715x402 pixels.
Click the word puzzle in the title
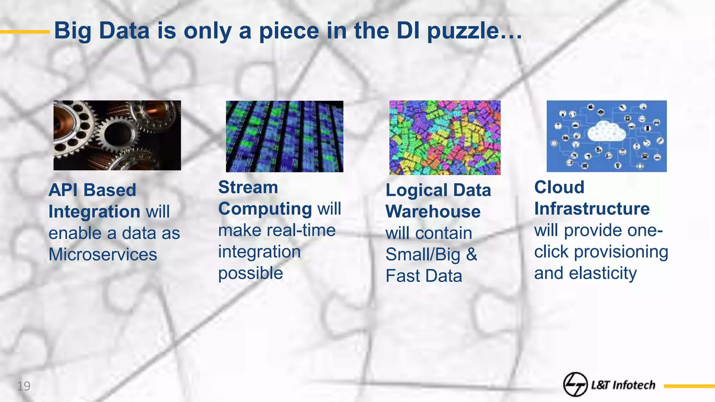[x=463, y=31]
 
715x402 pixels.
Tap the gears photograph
[x=117, y=135]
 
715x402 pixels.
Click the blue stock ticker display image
[x=285, y=136]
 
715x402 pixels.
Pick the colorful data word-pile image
[x=445, y=137]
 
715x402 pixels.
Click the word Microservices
[x=103, y=254]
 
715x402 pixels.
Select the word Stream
[x=248, y=187]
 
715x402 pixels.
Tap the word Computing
[x=265, y=209]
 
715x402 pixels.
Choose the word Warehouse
[x=433, y=211]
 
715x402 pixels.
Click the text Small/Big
[x=423, y=254]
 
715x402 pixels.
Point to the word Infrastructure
[x=592, y=209]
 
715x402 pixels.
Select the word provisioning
[x=621, y=252]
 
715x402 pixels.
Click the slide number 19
[x=24, y=386]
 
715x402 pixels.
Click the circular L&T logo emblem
[x=575, y=385]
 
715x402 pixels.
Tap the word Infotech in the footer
[x=634, y=385]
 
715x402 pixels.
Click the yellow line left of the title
[x=25, y=32]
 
